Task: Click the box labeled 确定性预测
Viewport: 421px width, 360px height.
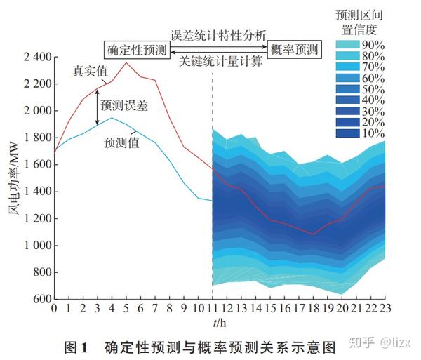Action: click(x=138, y=50)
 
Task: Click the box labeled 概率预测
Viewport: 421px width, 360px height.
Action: click(x=293, y=50)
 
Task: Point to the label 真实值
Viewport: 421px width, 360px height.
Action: click(x=90, y=72)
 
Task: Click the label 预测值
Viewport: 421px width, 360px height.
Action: click(x=121, y=143)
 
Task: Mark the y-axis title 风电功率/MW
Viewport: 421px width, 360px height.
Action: click(x=13, y=177)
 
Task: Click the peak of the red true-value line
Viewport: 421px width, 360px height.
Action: click(x=126, y=63)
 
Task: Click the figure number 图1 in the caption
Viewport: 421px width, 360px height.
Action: click(x=74, y=345)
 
